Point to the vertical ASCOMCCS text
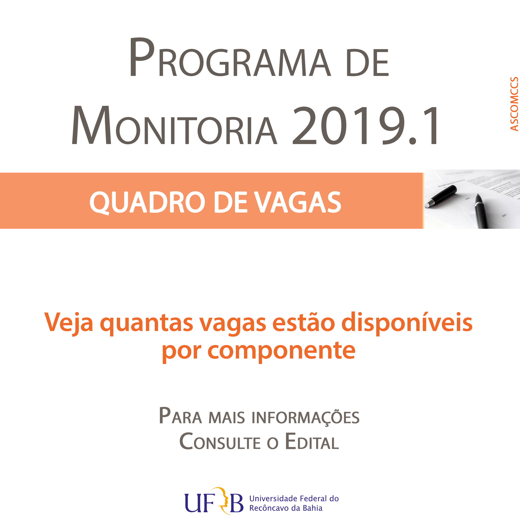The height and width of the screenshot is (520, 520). (x=514, y=104)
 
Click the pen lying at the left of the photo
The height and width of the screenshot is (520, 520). (x=441, y=197)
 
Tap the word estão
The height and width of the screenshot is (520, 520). (x=304, y=323)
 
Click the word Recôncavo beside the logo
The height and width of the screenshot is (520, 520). (x=271, y=508)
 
